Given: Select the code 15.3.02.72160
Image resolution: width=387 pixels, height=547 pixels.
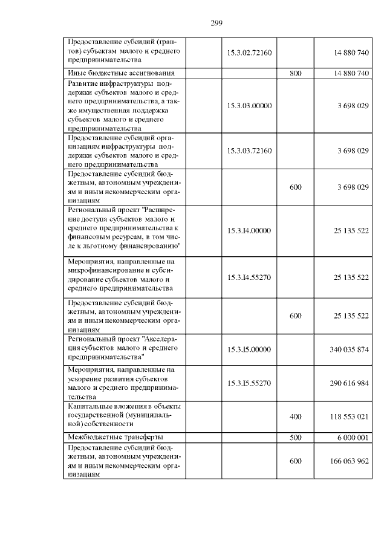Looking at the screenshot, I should [249, 53].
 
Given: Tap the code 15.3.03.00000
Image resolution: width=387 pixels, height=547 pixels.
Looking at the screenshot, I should [249, 105].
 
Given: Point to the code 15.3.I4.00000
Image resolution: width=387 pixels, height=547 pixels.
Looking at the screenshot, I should [249, 230].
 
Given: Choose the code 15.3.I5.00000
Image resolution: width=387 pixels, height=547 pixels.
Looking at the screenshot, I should [249, 349].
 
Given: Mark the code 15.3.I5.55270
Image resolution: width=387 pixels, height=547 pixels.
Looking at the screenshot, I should [249, 383].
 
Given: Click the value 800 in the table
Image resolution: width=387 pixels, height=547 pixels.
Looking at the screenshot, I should [296, 73].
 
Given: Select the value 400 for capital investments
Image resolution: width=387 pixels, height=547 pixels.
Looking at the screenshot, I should [296, 417].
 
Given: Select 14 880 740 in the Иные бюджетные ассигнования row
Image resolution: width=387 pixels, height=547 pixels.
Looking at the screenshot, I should [351, 73].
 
